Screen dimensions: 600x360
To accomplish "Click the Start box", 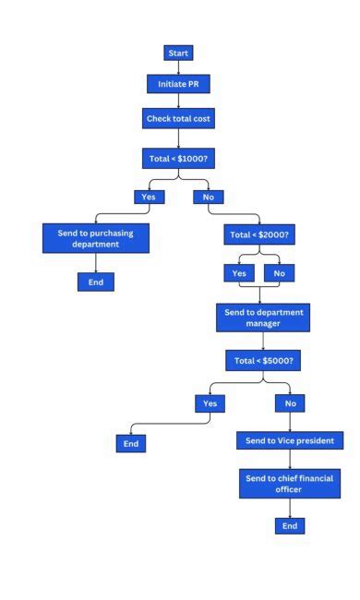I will coord(178,53).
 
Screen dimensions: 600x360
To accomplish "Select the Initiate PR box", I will coord(178,84).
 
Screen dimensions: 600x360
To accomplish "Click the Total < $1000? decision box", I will coord(178,159).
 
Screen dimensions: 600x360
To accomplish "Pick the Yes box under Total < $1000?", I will coord(148,197).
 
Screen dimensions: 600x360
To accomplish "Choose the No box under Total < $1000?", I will coord(208,197).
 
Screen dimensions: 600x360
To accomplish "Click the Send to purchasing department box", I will coord(95,238).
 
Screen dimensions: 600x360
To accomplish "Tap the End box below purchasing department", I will coord(95,282).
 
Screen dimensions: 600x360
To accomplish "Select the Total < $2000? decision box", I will coord(259,235).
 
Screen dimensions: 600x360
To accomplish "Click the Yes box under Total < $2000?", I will coord(239,273).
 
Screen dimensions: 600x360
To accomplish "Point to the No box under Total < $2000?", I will coord(280,273).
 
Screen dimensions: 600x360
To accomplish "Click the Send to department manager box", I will coord(262,318).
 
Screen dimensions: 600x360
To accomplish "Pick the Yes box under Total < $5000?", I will coord(210,403).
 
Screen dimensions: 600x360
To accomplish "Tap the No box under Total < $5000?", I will coord(290,403).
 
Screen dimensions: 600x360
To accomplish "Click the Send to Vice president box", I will coord(290,440).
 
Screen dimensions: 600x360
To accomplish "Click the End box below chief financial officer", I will coord(290,525).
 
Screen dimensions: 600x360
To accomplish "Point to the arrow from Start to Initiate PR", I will coord(178,67).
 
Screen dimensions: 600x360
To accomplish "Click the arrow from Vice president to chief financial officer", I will coord(290,459).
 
